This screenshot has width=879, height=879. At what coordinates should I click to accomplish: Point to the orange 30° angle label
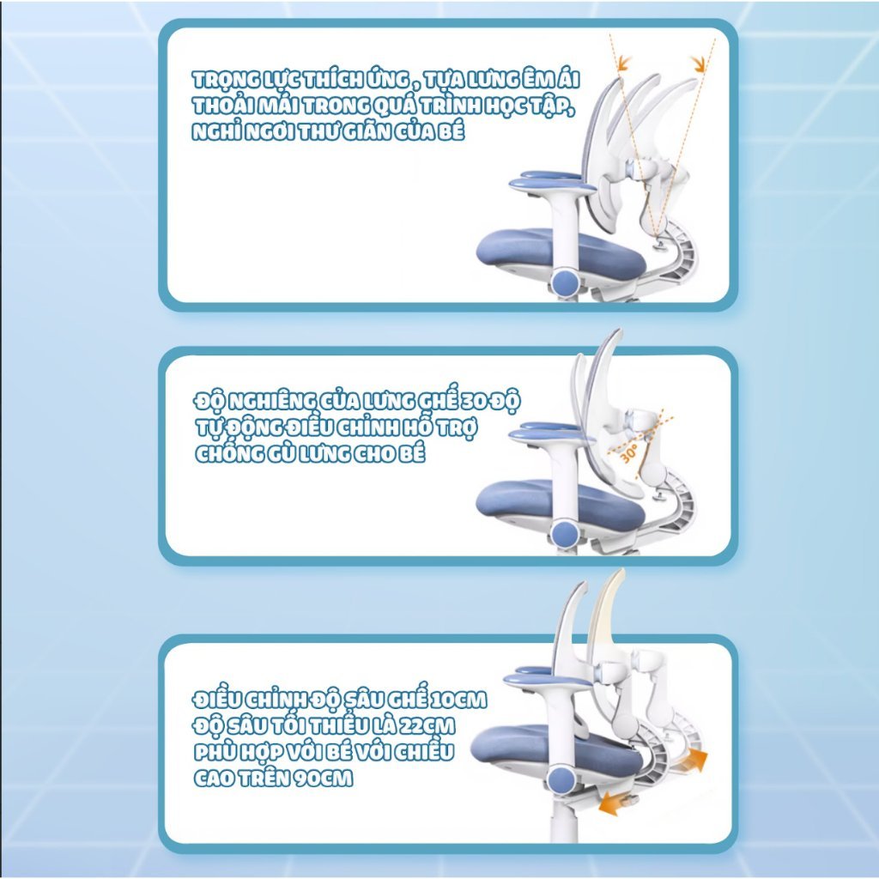click(628, 453)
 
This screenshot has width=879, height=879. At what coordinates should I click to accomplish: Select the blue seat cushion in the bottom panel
click(556, 751)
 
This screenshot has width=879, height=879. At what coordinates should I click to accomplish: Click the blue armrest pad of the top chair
click(552, 183)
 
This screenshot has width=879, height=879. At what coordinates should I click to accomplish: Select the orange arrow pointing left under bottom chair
click(616, 803)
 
